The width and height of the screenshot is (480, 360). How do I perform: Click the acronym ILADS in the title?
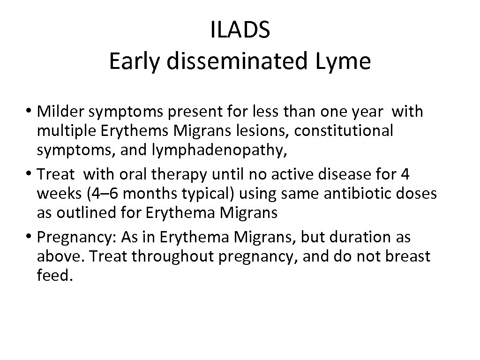coord(240,31)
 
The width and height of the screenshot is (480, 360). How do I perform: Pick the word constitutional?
coord(344,131)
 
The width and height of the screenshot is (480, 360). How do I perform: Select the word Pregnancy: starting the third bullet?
coord(76,238)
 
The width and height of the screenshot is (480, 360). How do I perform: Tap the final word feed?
coord(54,276)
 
